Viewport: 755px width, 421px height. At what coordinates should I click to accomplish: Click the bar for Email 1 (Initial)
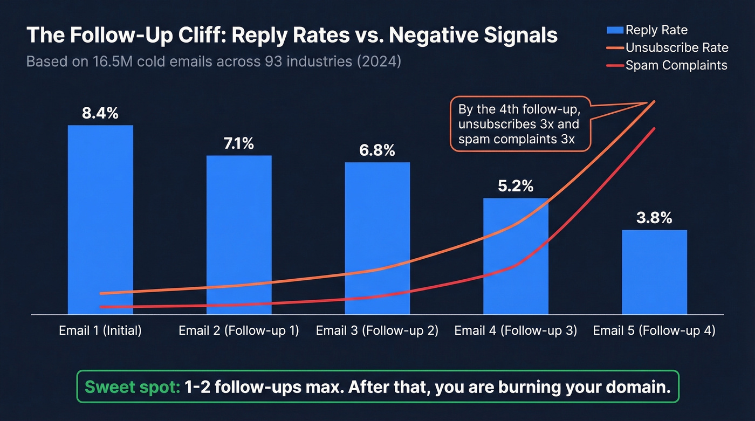(x=100, y=216)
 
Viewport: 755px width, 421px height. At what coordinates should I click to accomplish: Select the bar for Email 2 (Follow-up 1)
(x=239, y=226)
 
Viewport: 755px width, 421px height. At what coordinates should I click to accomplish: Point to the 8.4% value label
(x=100, y=114)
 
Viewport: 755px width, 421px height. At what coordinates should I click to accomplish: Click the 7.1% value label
(x=239, y=144)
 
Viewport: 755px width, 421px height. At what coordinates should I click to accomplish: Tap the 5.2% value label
(x=516, y=187)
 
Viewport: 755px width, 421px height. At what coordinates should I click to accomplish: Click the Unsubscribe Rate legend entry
(x=676, y=48)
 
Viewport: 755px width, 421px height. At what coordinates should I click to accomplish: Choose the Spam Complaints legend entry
(x=676, y=65)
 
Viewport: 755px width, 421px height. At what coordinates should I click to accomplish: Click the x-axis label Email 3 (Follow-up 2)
(x=377, y=330)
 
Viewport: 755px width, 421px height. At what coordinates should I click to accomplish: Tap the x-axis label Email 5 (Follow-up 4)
(x=654, y=330)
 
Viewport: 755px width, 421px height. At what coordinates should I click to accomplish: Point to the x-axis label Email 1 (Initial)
(x=100, y=330)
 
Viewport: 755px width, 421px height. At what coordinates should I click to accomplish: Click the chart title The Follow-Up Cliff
(x=292, y=36)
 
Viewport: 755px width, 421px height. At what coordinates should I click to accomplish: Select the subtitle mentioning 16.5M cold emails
(x=214, y=61)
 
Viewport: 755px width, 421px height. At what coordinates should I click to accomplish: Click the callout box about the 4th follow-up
(x=519, y=125)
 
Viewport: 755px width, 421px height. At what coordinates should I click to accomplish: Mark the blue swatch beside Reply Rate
(x=615, y=30)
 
